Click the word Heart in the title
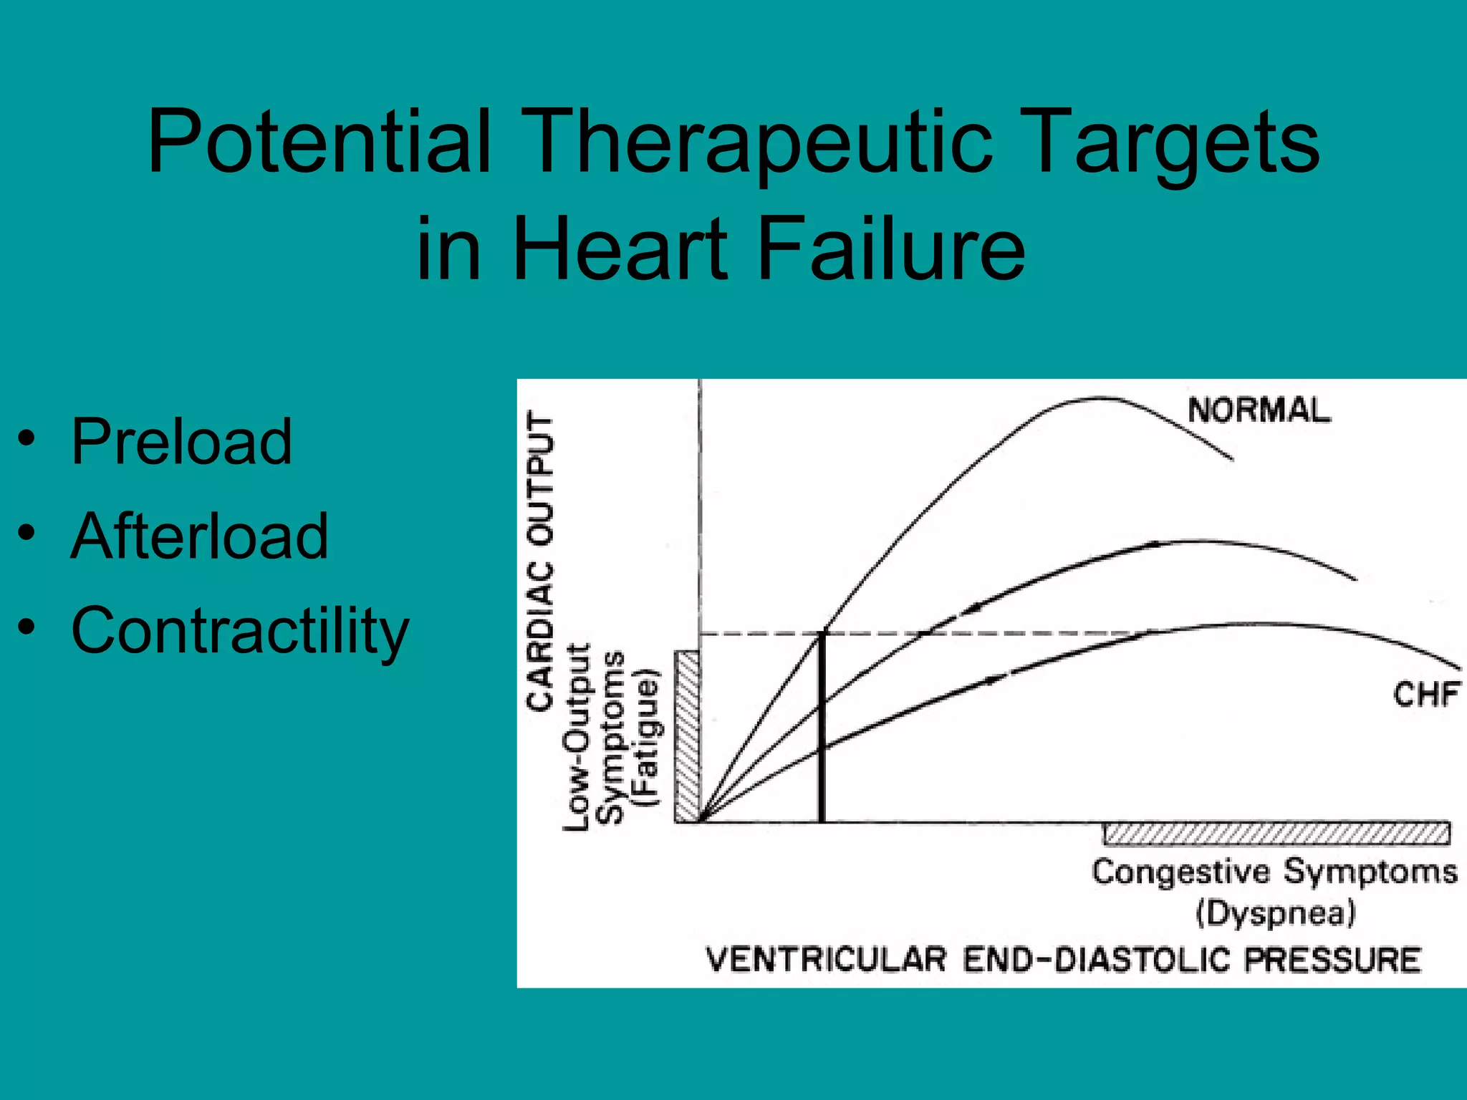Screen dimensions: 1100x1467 coord(620,249)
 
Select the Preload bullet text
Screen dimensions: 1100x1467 coord(181,442)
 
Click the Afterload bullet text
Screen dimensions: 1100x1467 coord(200,536)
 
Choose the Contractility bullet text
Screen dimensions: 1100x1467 coord(240,630)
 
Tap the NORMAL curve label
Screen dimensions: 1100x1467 coord(1259,410)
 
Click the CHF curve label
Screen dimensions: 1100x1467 coord(1425,694)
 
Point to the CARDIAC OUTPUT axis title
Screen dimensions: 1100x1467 coord(541,561)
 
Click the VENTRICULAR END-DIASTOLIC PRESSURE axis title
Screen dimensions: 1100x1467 coord(1063,960)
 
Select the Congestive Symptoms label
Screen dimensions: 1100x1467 coord(1274,872)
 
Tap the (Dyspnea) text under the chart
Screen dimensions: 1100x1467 coord(1275,913)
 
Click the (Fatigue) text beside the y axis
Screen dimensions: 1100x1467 coord(647,738)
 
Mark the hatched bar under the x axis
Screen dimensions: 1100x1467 coord(1276,834)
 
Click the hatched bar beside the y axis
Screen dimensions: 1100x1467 coord(687,736)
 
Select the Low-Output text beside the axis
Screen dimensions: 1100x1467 coord(577,738)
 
